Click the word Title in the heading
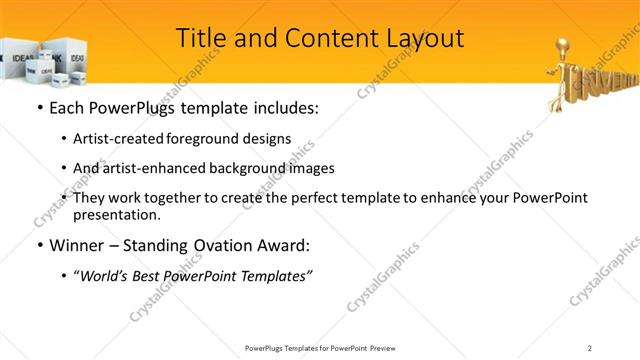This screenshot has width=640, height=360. pos(200,38)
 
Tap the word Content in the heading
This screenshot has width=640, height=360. pos(320,38)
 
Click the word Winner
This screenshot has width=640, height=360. pos(78,245)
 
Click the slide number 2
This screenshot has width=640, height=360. pos(590,347)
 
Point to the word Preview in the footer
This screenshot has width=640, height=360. pos(390,347)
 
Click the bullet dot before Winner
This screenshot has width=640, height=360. pos(39,245)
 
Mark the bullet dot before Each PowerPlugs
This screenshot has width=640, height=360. pos(39,107)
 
